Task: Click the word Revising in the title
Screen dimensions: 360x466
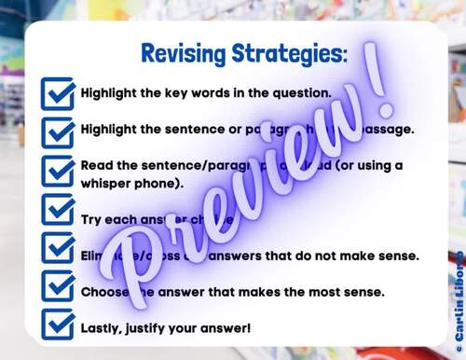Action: (x=183, y=52)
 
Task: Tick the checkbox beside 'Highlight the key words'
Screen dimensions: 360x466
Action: (x=58, y=93)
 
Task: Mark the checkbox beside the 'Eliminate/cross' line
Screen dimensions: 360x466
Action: (x=58, y=254)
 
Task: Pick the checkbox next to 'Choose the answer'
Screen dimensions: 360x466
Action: (x=58, y=290)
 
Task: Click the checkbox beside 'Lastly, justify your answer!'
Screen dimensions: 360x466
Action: (x=58, y=327)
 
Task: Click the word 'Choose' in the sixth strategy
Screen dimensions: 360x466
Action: (x=106, y=291)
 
